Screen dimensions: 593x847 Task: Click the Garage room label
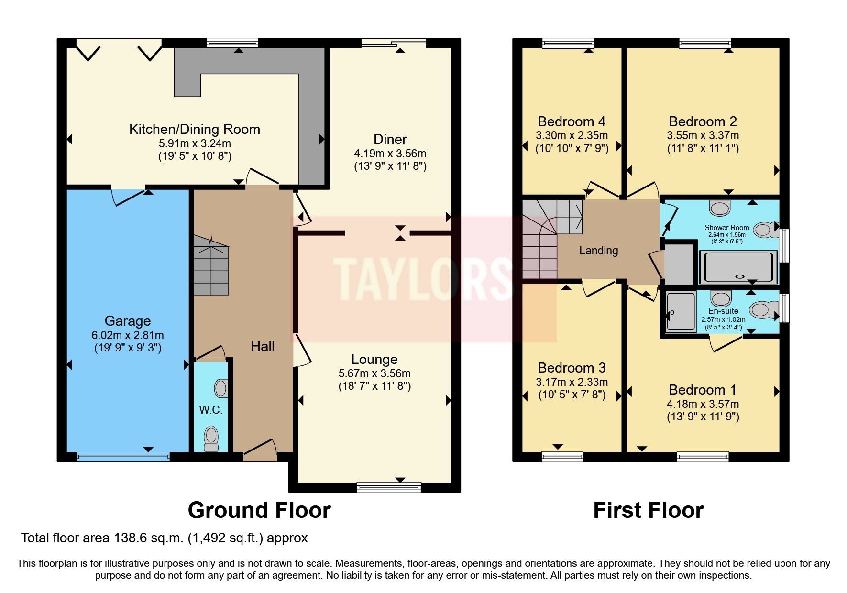128,321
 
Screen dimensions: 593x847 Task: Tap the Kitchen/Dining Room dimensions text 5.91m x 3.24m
195,143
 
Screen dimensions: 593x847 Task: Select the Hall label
263,346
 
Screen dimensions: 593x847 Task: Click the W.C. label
210,410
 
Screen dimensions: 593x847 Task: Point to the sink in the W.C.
221,388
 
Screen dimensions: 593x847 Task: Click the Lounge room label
374,359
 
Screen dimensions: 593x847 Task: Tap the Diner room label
390,139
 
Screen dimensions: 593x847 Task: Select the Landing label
598,251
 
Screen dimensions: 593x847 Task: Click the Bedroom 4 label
572,121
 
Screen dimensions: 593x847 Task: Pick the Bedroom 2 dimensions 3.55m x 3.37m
703,136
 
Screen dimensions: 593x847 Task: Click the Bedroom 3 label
572,368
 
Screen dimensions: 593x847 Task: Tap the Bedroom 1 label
703,390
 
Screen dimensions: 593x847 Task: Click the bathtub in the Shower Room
738,267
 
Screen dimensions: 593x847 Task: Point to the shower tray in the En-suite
681,311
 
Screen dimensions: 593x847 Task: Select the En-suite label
723,311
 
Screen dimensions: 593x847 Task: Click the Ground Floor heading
259,510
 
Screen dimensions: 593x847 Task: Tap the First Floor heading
648,510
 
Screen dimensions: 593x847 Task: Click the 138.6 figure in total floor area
130,538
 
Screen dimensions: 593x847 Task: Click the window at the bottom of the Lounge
389,487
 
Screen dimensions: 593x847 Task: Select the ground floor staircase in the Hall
211,265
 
